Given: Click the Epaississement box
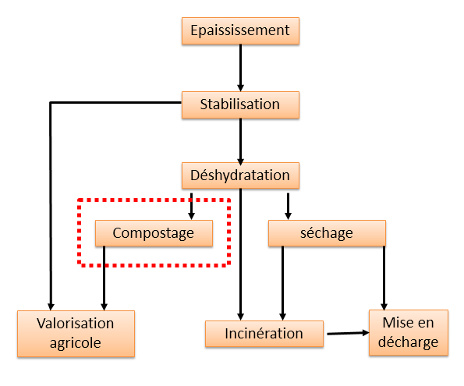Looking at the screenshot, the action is tap(240, 30).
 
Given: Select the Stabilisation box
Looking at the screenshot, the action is tap(240, 104).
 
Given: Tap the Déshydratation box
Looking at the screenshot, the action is tap(240, 175).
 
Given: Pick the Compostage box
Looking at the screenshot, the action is tap(154, 233).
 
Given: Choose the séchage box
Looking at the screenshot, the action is tap(327, 233).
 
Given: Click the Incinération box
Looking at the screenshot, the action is tap(264, 334).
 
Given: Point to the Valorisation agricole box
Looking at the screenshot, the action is tap(76, 334).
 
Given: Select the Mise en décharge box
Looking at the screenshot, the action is tap(409, 332).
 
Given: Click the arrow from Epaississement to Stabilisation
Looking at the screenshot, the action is tap(241, 68).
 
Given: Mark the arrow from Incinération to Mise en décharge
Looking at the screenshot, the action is tap(348, 333).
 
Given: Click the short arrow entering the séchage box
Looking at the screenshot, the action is tap(289, 207).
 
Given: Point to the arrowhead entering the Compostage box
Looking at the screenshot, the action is tap(192, 216).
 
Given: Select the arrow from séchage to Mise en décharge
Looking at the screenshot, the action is tap(384, 278).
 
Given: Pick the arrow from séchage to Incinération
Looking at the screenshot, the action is tap(282, 283).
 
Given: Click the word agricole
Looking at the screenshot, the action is tap(76, 343).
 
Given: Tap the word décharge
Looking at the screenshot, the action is tap(409, 342).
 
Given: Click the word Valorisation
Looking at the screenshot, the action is tap(76, 324).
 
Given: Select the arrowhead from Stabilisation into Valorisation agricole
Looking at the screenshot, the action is tap(51, 306).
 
